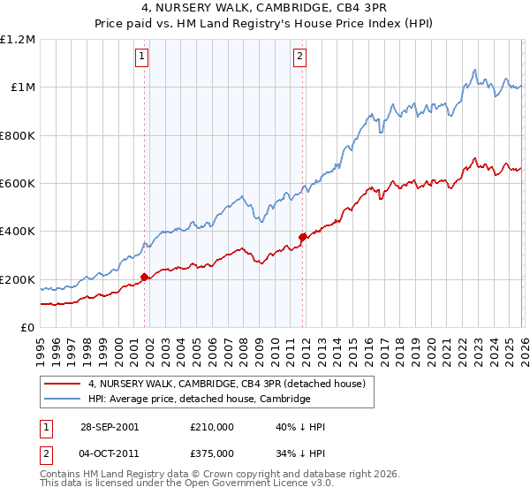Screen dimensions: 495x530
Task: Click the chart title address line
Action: pyautogui.click(x=264, y=8)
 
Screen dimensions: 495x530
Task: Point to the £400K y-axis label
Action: pyautogui.click(x=18, y=232)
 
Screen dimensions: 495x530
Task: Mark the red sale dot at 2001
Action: pyautogui.click(x=145, y=278)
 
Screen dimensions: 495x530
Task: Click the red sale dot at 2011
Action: pyautogui.click(x=302, y=237)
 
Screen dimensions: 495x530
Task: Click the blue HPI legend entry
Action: pyautogui.click(x=199, y=400)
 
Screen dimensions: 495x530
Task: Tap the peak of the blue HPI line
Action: pyautogui.click(x=475, y=69)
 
